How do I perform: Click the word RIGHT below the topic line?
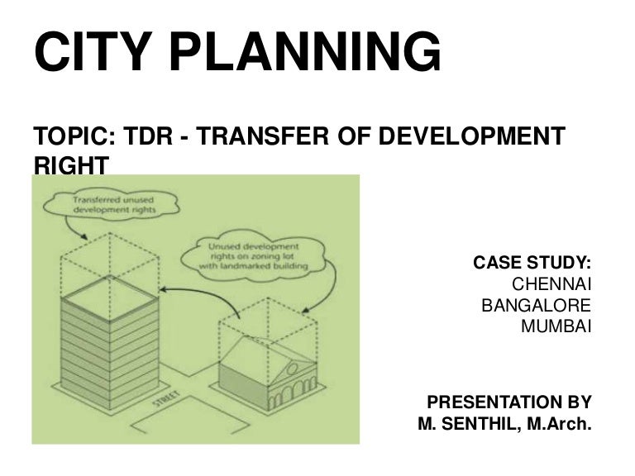tap(70, 165)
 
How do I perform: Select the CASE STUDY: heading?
tap(532, 263)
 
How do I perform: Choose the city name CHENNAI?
tap(551, 284)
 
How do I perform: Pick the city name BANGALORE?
tap(536, 305)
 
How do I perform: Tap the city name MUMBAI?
tap(556, 326)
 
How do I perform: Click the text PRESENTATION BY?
tap(508, 402)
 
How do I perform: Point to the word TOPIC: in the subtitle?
tap(66, 136)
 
